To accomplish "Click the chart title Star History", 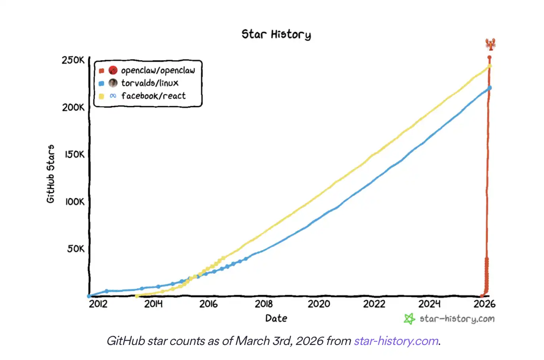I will [276, 34].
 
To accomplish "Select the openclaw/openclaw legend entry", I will [158, 70].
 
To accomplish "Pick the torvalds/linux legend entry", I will [149, 83].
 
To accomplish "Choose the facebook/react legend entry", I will [153, 96].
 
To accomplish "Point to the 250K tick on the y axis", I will [73, 60].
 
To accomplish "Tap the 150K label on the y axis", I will [74, 154].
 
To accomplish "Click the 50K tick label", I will [76, 249].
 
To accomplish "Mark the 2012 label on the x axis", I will [98, 304].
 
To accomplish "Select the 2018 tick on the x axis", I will [264, 304].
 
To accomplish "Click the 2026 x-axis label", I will [484, 304].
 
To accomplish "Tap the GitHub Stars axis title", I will [51, 174].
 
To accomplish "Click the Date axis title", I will [276, 318].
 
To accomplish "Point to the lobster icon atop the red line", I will [491, 44].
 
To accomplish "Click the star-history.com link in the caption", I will [396, 341].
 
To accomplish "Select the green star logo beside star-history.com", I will [409, 319].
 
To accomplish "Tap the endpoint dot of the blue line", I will [490, 88].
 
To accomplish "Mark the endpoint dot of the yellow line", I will [490, 66].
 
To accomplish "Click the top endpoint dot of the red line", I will [489, 57].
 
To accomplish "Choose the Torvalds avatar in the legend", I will [113, 83].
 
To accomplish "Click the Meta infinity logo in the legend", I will [113, 96].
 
